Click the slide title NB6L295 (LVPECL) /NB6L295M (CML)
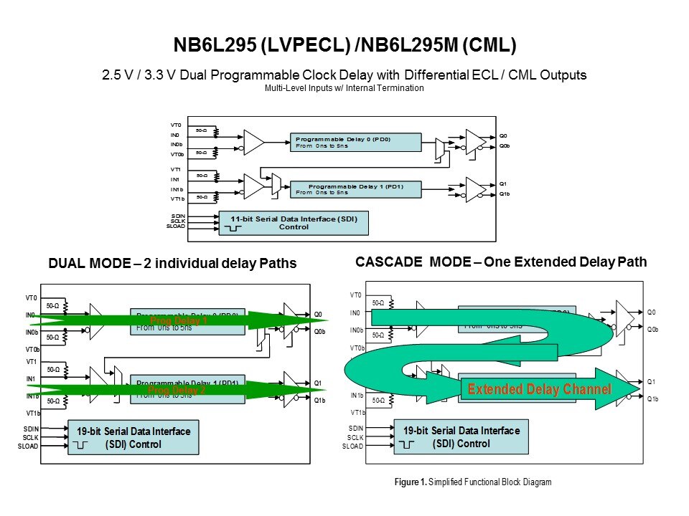[344, 46]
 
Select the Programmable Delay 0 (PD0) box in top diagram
[356, 141]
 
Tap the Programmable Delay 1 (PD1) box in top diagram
[356, 188]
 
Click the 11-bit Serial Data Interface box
[294, 223]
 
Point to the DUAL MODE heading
[172, 264]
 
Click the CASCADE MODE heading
[501, 262]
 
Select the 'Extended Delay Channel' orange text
[539, 390]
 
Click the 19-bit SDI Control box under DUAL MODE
[133, 437]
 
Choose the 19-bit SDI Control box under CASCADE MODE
[461, 437]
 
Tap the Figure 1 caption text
[473, 482]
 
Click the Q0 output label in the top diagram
[503, 135]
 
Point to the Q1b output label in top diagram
[505, 194]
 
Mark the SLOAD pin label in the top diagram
[176, 226]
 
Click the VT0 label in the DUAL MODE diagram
[32, 298]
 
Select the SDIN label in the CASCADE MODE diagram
[355, 428]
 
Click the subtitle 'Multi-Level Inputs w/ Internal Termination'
[344, 88]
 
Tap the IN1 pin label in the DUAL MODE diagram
[31, 378]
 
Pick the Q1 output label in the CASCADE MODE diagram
[651, 381]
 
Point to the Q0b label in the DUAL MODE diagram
[319, 332]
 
